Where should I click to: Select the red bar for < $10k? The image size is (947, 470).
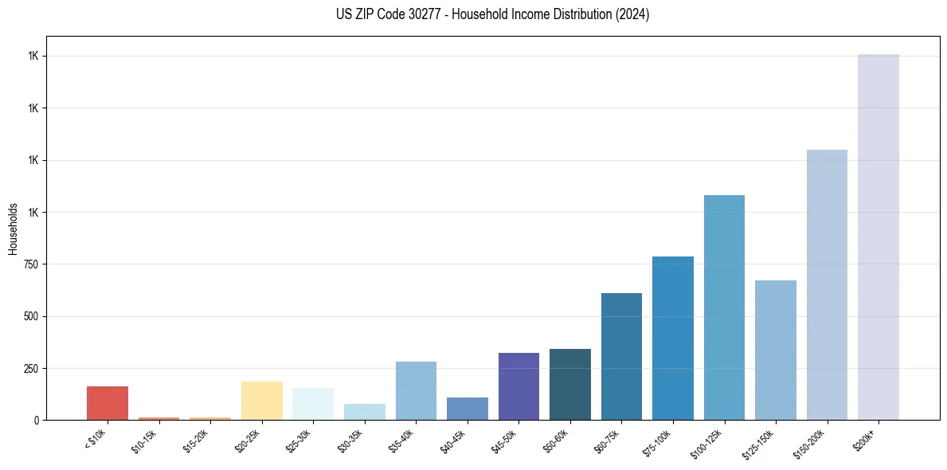(107, 403)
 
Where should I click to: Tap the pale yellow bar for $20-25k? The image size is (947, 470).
(261, 401)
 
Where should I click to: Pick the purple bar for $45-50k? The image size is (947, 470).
(519, 386)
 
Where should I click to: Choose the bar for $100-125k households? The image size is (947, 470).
(724, 307)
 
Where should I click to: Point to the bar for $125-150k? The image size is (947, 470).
(775, 350)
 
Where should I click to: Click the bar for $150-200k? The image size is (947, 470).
(827, 284)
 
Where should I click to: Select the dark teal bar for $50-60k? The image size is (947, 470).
(569, 384)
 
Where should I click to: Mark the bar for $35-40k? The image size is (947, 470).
(416, 390)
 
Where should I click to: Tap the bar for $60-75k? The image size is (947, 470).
(621, 356)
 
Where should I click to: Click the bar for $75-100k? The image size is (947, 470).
(672, 338)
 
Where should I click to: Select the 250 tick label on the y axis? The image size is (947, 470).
(33, 369)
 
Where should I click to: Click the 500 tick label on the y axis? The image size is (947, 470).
(33, 316)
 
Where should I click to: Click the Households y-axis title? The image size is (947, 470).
(13, 228)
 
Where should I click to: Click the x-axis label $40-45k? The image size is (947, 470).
(453, 440)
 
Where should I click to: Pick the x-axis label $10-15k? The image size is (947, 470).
(144, 440)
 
